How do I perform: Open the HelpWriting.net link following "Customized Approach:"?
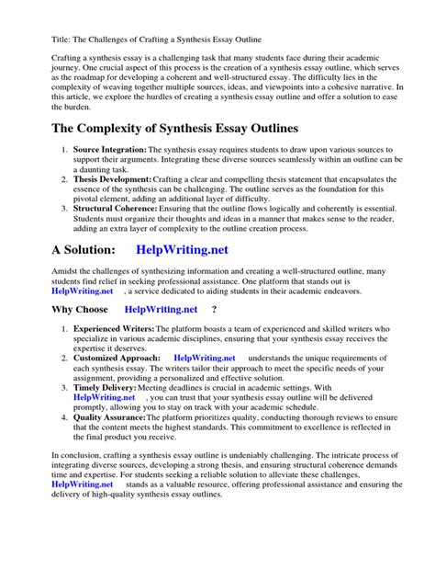[x=204, y=358]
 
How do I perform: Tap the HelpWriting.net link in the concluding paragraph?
[x=83, y=483]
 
